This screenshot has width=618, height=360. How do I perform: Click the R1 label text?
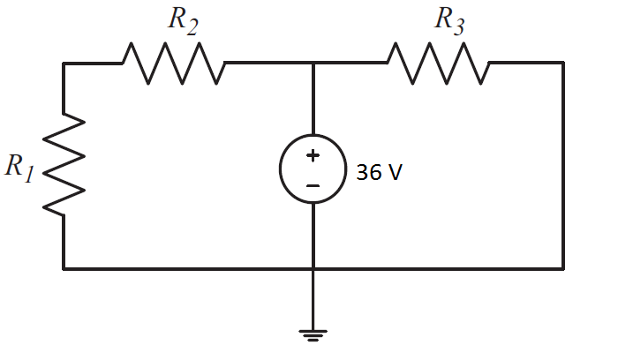coord(19,167)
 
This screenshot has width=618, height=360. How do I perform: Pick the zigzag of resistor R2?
coord(173,63)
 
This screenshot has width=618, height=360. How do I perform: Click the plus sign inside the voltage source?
coord(313,156)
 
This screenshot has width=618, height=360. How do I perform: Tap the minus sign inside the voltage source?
coord(313,186)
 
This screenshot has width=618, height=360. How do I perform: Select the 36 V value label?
coord(379,172)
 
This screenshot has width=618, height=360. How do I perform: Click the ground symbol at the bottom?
coord(313,334)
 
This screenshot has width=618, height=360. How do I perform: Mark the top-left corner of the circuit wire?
coord(64,63)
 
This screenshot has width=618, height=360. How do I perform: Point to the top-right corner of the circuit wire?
coord(563,63)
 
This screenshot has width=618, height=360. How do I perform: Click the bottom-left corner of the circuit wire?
coord(64,268)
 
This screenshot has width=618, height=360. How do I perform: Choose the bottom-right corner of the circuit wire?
coord(563,268)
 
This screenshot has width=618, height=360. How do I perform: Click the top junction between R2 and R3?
coord(313,63)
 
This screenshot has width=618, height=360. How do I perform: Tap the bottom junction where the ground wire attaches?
coord(313,268)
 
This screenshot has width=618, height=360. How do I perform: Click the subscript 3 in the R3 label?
coord(458,29)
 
